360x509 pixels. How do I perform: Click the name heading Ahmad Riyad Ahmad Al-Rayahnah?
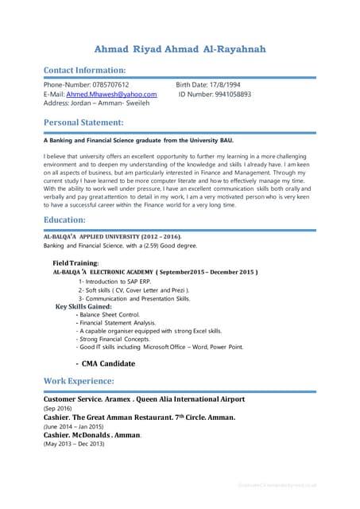click(x=180, y=50)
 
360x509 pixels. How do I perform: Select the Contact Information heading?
click(x=84, y=70)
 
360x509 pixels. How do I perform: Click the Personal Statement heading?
click(x=83, y=122)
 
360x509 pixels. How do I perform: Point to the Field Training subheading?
click(x=75, y=262)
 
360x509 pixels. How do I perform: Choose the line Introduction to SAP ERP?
click(x=119, y=282)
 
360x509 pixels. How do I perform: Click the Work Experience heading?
click(x=79, y=382)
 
